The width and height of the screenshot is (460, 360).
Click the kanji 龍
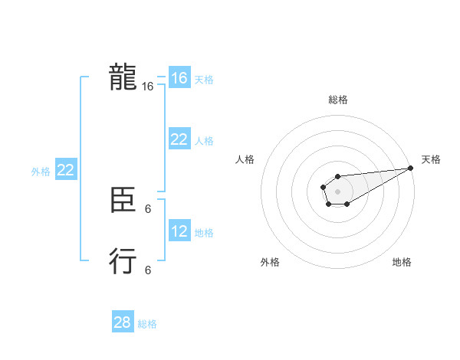(123, 78)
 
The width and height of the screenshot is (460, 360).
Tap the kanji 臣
(123, 201)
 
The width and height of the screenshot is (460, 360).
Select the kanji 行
(123, 261)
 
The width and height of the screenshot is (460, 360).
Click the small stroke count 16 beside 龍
(148, 87)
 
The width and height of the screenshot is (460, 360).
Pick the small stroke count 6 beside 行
(148, 270)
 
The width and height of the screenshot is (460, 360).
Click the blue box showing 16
(179, 78)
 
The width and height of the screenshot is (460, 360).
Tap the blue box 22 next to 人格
(179, 139)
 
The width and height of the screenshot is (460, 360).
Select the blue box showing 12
(179, 231)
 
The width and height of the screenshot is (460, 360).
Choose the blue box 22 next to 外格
(65, 170)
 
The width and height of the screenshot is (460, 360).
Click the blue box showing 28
(123, 322)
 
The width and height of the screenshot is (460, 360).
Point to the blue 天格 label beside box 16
(204, 79)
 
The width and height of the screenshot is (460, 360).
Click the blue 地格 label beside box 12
(204, 232)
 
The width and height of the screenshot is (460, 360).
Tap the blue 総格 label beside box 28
(147, 323)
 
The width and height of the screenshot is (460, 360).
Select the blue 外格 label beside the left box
(41, 171)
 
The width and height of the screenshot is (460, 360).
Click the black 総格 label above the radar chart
(338, 100)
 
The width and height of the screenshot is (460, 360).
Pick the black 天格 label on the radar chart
(431, 159)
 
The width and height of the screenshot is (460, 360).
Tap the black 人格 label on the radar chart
(245, 159)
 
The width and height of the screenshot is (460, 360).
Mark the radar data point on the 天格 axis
(410, 168)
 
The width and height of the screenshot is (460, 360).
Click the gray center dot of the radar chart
(337, 191)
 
